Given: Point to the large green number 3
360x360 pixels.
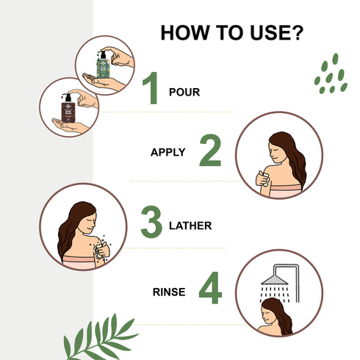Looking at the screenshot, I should tap(151, 223).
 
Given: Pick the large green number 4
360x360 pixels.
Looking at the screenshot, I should tap(209, 289).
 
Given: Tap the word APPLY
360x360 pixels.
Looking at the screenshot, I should tap(168, 153).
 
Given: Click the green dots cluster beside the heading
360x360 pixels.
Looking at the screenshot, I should tap(330, 74).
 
